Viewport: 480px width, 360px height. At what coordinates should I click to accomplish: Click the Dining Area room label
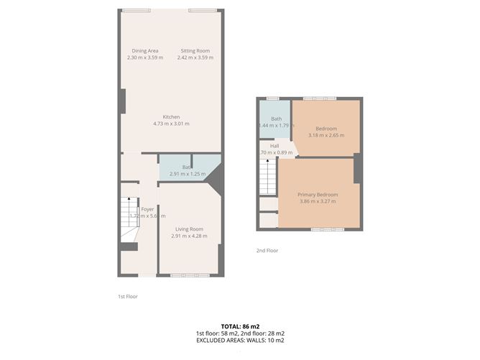[x=145, y=51]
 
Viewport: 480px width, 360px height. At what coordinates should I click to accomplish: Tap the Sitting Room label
[x=195, y=51]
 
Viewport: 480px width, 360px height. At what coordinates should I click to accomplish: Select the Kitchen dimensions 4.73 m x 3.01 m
[x=171, y=124]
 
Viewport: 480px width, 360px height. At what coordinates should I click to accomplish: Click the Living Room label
[x=189, y=229]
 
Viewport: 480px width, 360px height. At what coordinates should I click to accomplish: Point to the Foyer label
[x=147, y=209]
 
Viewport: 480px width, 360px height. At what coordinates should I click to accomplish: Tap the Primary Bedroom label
[x=318, y=195]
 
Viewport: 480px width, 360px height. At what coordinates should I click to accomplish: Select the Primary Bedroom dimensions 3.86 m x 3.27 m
[x=318, y=201]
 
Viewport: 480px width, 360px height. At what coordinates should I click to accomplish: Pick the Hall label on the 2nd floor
[x=274, y=145]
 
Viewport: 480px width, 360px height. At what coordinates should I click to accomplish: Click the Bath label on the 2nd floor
[x=276, y=119]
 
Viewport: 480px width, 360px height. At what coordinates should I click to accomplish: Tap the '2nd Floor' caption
[x=267, y=251]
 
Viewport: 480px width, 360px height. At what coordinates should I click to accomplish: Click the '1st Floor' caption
[x=127, y=296]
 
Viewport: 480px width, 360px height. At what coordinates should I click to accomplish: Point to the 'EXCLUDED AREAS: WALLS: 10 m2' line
[x=239, y=341]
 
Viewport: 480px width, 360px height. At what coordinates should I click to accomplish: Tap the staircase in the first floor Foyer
[x=129, y=216]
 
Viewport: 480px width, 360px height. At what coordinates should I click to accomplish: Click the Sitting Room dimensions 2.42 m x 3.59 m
[x=195, y=57]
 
